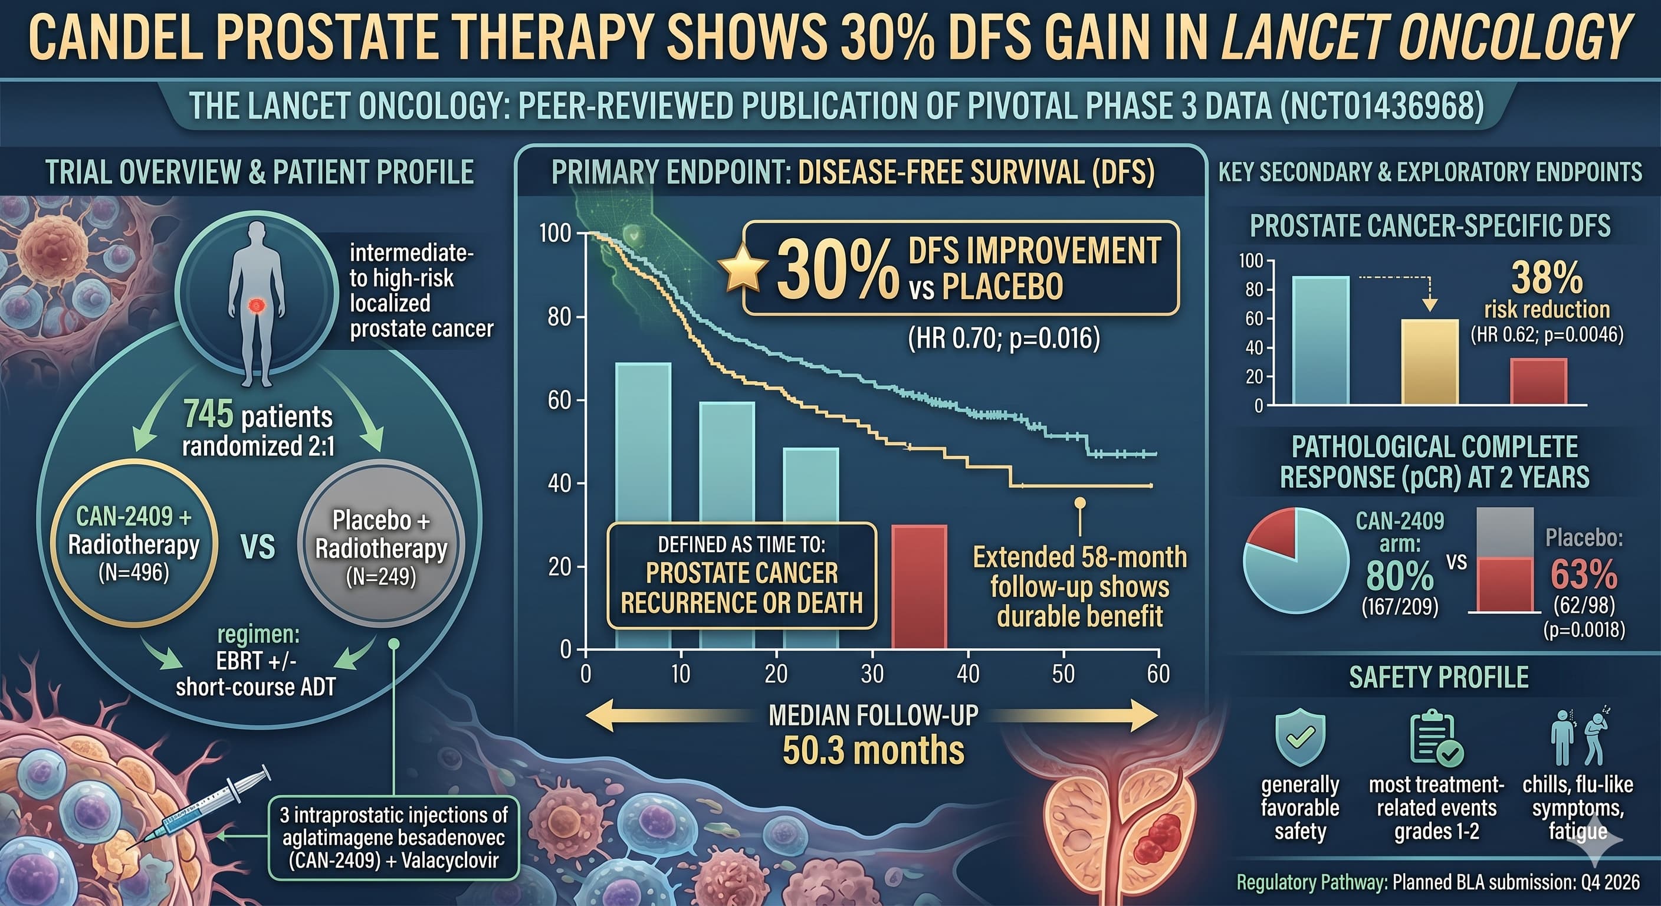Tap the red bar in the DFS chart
click(x=919, y=587)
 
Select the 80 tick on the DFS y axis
click(x=559, y=317)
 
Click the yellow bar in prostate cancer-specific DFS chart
click(x=1430, y=362)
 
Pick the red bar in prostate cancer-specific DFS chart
click(x=1538, y=381)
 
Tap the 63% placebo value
click(x=1584, y=575)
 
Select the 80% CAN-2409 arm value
click(x=1400, y=575)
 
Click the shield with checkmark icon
click(x=1300, y=738)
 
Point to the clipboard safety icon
click(x=1436, y=738)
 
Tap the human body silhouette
click(x=257, y=303)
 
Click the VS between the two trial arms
click(x=257, y=547)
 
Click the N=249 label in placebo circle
click(x=381, y=576)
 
